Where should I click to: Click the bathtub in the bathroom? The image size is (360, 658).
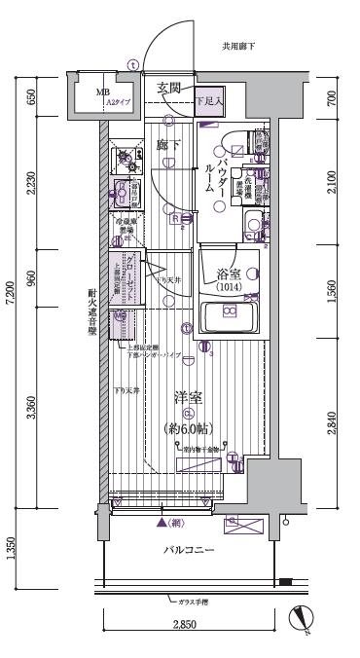229,316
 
